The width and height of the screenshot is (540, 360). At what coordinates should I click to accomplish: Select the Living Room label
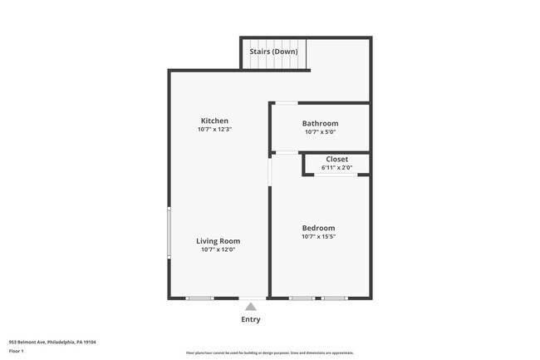tap(218, 241)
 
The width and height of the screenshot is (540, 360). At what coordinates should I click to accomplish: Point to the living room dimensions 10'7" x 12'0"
tap(218, 249)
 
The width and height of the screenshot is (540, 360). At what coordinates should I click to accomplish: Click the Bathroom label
tap(320, 123)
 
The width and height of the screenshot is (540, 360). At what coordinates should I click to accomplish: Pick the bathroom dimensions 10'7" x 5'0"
tap(320, 131)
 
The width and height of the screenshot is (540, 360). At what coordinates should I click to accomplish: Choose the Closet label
tap(336, 159)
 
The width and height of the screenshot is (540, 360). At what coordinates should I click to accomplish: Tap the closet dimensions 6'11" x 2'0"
tap(336, 167)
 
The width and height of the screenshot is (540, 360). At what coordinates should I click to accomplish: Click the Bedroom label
tap(318, 228)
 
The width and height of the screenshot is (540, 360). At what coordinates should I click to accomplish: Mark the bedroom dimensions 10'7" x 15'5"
tap(318, 236)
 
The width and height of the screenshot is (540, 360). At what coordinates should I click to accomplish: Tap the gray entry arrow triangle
tap(250, 307)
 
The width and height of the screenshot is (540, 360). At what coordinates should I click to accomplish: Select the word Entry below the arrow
tap(250, 319)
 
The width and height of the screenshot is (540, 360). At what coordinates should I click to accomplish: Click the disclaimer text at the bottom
tap(269, 353)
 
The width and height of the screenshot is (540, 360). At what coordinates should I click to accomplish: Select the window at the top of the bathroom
tap(287, 103)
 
